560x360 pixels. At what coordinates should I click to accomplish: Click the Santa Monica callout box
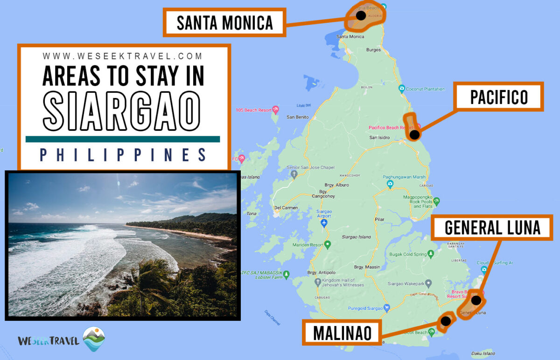[224, 22]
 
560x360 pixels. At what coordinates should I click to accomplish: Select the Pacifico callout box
[499, 97]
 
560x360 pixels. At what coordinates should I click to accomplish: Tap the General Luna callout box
[492, 227]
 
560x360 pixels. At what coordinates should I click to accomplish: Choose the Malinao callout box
[342, 332]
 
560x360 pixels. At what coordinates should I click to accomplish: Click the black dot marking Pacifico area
[414, 135]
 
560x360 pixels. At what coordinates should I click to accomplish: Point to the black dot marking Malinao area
[446, 321]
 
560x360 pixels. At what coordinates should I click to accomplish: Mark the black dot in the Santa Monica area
[360, 15]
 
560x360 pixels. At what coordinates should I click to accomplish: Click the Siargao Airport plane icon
[324, 224]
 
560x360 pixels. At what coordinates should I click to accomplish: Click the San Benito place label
[297, 117]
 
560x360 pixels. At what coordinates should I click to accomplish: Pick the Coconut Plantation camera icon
[401, 89]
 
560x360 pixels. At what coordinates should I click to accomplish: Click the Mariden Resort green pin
[328, 244]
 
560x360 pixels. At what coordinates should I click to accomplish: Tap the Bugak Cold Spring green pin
[431, 254]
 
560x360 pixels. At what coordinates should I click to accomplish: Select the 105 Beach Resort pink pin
[276, 110]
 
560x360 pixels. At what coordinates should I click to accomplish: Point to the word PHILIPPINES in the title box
[123, 155]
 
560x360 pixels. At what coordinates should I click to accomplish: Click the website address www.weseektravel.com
[123, 56]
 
